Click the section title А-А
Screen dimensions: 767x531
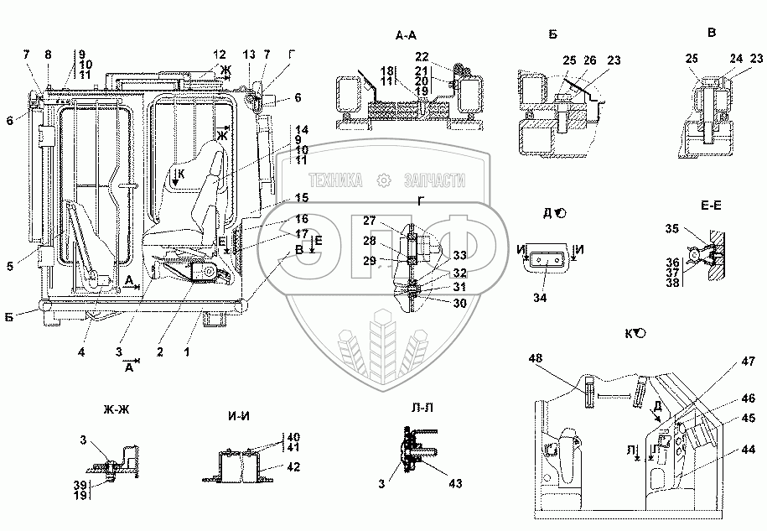pos(407,36)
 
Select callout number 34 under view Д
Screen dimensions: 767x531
pos(540,298)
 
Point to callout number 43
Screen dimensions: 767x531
pos(455,483)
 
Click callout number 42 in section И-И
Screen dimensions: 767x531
pos(293,467)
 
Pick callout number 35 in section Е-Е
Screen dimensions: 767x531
pos(672,228)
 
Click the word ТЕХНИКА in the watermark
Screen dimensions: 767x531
pos(336,180)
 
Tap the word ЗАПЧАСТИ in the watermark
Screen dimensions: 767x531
pos(434,180)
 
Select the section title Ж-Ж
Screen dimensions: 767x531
pos(117,409)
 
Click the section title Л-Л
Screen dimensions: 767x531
pos(421,407)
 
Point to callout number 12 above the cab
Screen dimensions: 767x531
pos(219,55)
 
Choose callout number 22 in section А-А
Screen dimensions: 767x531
pos(422,57)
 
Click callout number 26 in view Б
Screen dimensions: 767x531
pos(590,60)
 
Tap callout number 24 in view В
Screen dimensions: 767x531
pos(736,59)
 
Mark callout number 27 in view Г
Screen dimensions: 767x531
pos(370,221)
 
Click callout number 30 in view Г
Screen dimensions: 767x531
pos(459,304)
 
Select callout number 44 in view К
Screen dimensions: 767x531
pos(749,450)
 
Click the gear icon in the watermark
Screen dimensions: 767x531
pos(384,181)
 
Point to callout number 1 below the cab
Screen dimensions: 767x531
pos(186,351)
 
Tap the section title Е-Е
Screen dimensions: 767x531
pos(711,206)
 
